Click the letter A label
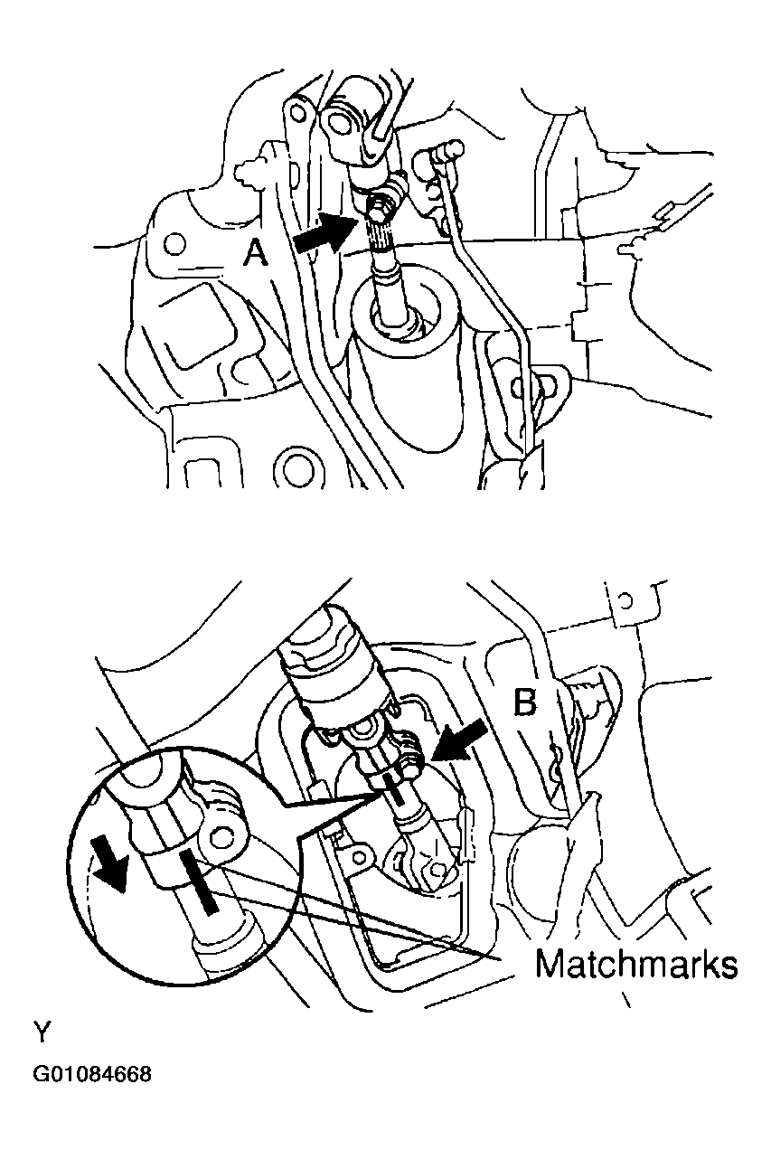[x=256, y=254]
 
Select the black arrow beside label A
[x=324, y=233]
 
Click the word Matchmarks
[x=636, y=965]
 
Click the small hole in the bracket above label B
[x=625, y=599]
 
